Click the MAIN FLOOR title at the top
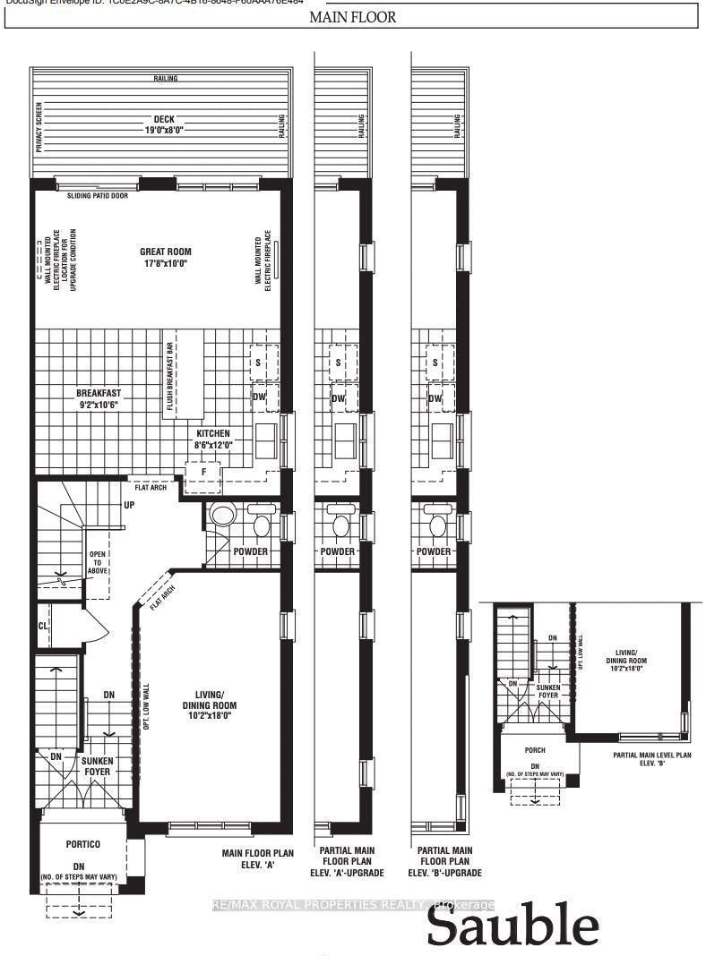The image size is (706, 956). (353, 17)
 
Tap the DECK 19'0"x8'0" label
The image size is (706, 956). (162, 124)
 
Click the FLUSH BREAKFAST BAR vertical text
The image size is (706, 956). (168, 375)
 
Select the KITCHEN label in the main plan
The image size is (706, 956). (213, 439)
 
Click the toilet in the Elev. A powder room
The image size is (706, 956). (221, 517)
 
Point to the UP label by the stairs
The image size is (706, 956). (129, 505)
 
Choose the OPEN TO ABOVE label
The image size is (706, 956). (96, 566)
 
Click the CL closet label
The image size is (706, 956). (43, 624)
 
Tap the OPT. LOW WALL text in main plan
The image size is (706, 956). (146, 707)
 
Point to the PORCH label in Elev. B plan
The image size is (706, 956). (536, 749)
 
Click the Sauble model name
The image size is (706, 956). (512, 926)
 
